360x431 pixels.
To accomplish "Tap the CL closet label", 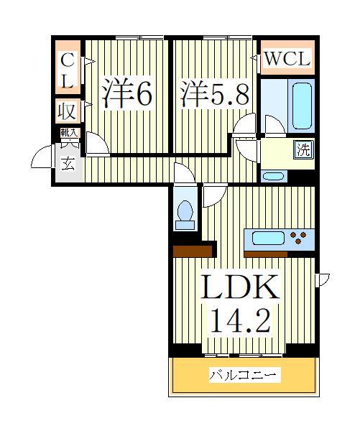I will click(x=67, y=72).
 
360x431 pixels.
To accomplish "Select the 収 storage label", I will click(x=67, y=112).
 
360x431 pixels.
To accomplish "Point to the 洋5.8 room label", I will click(x=213, y=93).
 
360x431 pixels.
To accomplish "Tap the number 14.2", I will click(x=239, y=320).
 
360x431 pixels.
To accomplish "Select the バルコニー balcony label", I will click(x=244, y=375).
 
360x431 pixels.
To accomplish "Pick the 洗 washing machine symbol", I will click(x=305, y=149).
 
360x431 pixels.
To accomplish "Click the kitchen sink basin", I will click(x=267, y=238).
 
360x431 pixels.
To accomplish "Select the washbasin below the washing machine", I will click(x=274, y=176).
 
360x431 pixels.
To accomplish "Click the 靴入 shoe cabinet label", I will click(x=68, y=133).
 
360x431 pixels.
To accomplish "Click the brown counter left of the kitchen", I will click(x=194, y=250).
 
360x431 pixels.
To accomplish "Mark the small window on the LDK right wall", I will click(x=322, y=278).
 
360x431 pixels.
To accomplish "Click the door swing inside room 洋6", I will click(x=96, y=144).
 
